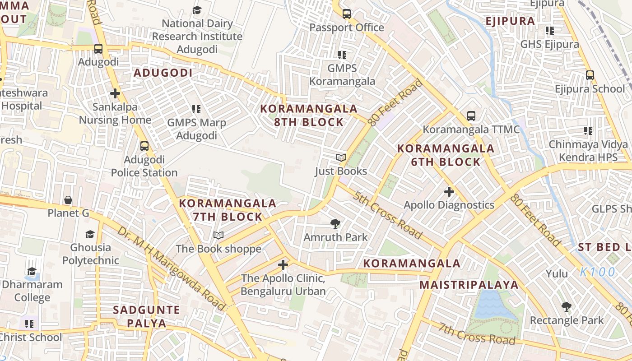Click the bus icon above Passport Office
pyautogui.click(x=346, y=14)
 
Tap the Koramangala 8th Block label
pyautogui.click(x=309, y=116)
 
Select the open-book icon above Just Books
pyautogui.click(x=341, y=158)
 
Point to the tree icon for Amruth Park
pyautogui.click(x=335, y=223)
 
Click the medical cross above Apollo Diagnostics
pyautogui.click(x=449, y=192)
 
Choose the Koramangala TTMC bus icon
pyautogui.click(x=471, y=116)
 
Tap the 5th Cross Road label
pyautogui.click(x=388, y=215)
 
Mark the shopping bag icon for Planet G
pyautogui.click(x=68, y=199)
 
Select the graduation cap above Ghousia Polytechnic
pyautogui.click(x=90, y=234)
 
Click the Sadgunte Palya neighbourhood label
pyautogui.click(x=147, y=317)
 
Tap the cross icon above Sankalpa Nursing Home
pyautogui.click(x=115, y=93)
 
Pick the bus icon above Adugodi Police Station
pyautogui.click(x=144, y=146)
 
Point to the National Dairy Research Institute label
pyautogui.click(x=197, y=36)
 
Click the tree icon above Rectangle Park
pyautogui.click(x=566, y=307)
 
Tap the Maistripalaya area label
pyautogui.click(x=469, y=285)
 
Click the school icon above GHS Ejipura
pyautogui.click(x=549, y=31)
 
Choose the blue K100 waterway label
pyautogui.click(x=598, y=272)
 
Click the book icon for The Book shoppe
pyautogui.click(x=218, y=235)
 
